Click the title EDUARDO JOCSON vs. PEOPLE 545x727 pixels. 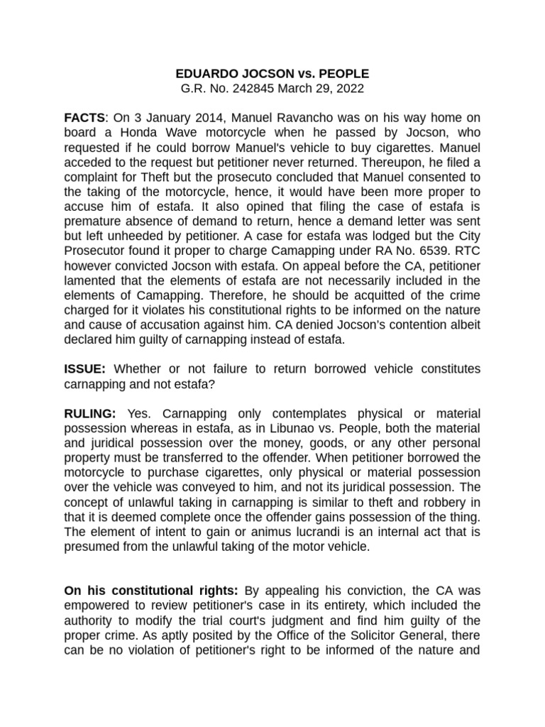272,74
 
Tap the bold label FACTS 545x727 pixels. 84,118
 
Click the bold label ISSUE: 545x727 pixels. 85,369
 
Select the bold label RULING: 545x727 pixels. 91,413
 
